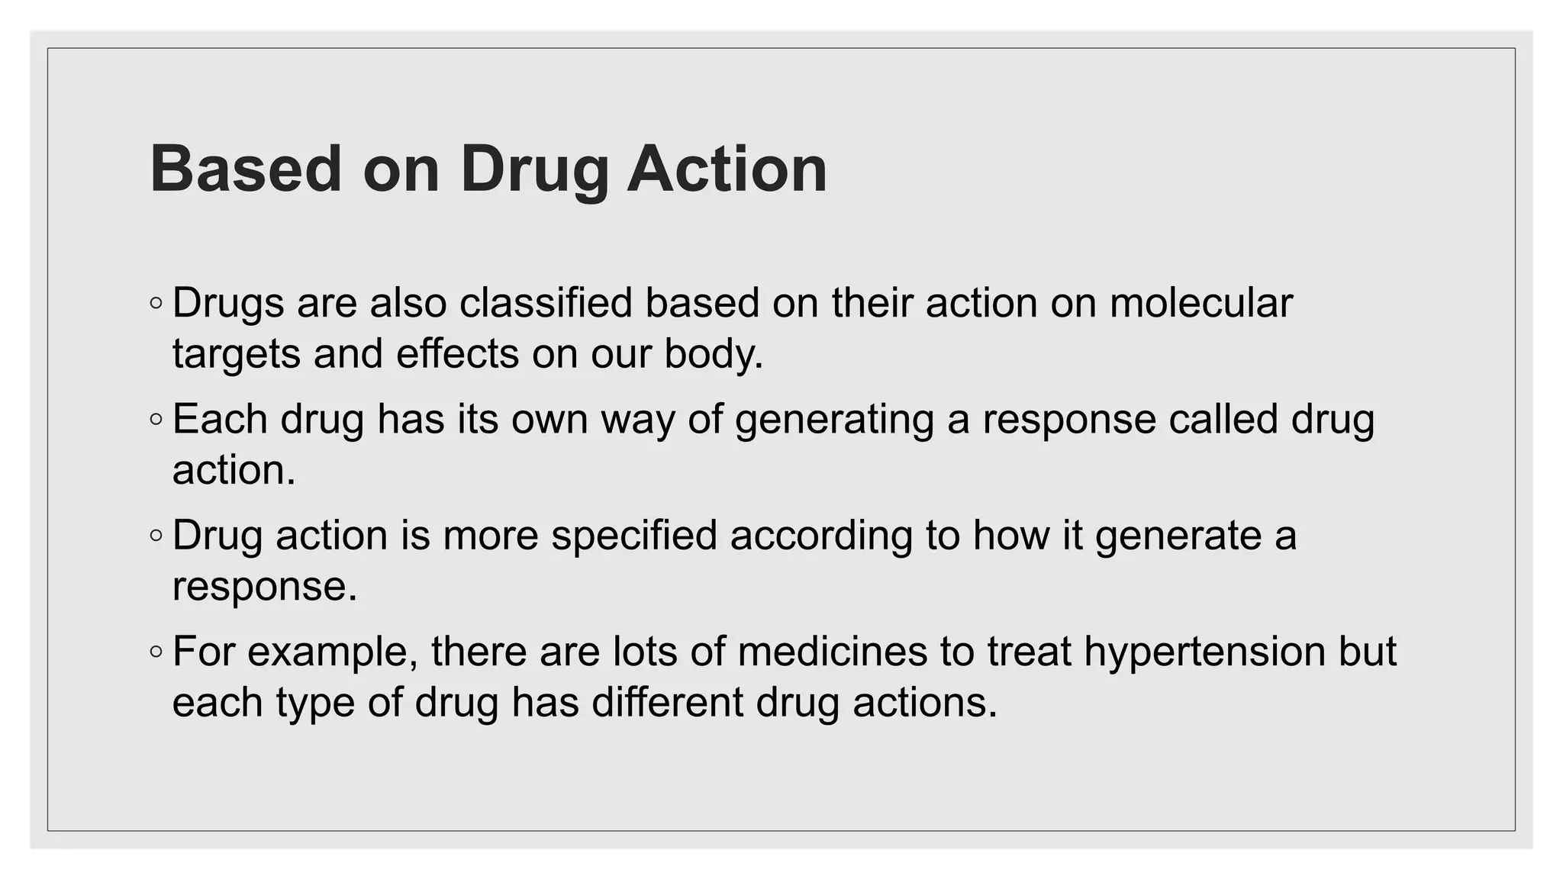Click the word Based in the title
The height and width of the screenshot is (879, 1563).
246,169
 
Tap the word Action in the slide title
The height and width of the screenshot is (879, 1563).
727,169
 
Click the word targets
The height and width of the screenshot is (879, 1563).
237,353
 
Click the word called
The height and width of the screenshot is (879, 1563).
1223,419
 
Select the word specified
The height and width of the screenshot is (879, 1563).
634,535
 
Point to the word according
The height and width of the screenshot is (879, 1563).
821,535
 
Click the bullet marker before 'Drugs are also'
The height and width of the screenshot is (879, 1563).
156,304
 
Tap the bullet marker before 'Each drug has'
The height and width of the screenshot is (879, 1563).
156,420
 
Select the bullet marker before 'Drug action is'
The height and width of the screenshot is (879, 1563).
156,536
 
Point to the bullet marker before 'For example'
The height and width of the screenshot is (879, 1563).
156,652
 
